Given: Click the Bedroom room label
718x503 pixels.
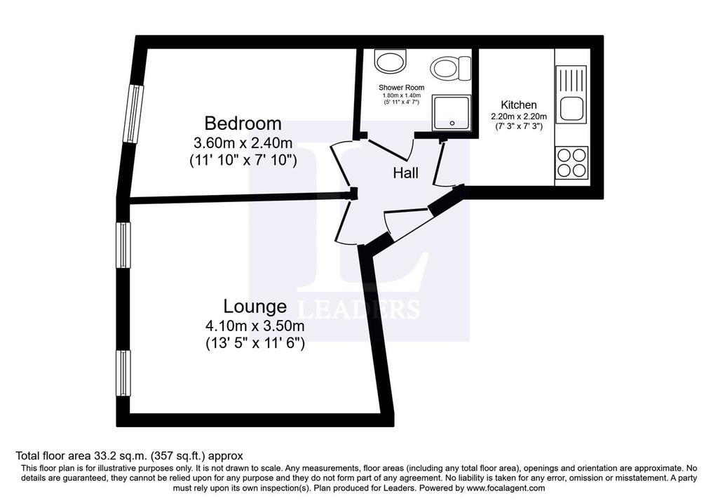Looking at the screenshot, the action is click(243, 123).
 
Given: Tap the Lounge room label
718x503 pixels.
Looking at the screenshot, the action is click(255, 306).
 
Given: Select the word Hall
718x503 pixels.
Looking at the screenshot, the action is click(406, 173).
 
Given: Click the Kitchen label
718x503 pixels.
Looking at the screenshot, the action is click(519, 105).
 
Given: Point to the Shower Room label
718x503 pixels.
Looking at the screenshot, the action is click(402, 88).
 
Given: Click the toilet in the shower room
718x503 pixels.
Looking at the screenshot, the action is click(451, 67).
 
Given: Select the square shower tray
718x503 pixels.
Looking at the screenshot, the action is click(452, 113).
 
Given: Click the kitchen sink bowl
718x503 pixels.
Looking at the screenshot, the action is click(571, 109).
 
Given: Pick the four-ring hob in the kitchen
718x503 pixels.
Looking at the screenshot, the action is click(571, 163).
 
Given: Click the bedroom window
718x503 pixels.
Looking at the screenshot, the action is click(135, 114).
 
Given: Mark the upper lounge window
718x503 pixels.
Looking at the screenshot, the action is click(123, 245).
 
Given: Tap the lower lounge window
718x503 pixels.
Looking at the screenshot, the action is click(123, 373).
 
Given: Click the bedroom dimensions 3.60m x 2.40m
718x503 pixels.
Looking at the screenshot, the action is click(243, 143).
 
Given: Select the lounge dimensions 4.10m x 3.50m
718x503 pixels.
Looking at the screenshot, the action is click(255, 326).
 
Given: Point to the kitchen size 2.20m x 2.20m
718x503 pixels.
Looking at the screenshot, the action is click(519, 117).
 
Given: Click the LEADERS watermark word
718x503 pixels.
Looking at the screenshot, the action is click(358, 309).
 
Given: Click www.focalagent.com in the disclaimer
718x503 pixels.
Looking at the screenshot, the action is click(506, 488).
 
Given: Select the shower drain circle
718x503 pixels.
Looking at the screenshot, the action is click(452, 123).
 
